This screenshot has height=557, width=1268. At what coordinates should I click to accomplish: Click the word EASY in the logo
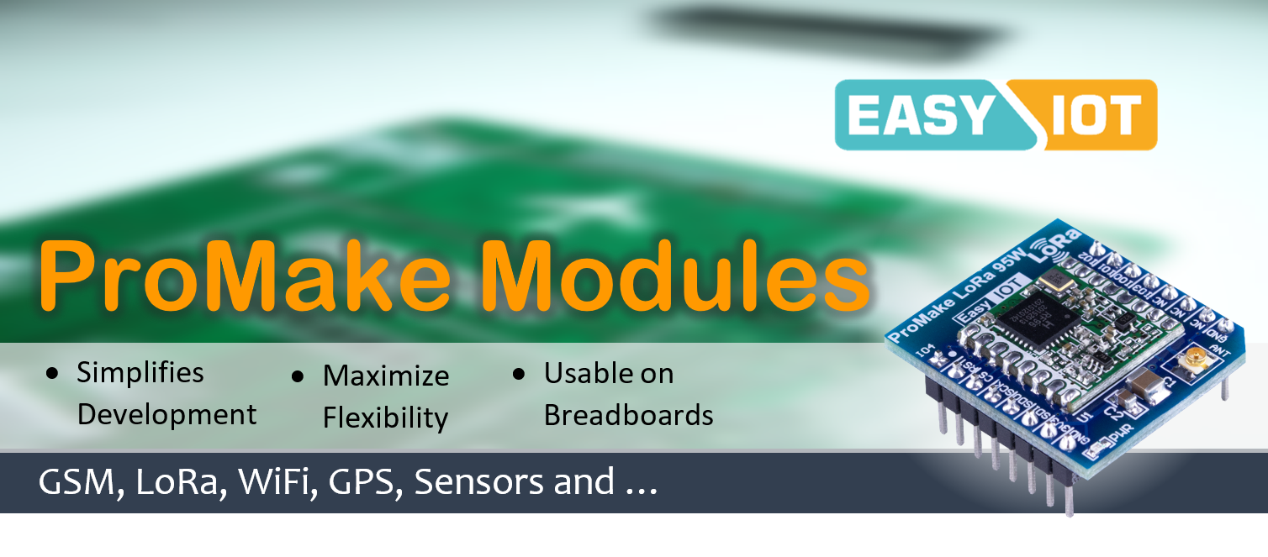click(x=921, y=115)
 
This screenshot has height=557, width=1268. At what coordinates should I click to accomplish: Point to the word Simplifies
click(x=140, y=372)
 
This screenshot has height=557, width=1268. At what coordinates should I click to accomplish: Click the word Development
click(x=166, y=414)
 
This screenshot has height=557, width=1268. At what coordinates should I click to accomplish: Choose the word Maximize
click(x=386, y=376)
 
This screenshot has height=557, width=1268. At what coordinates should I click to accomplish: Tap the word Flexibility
click(x=385, y=418)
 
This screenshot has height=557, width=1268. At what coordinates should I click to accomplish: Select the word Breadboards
click(x=628, y=415)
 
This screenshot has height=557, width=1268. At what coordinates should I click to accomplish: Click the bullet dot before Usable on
click(x=519, y=373)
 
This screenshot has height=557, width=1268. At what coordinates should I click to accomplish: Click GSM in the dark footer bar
click(x=75, y=481)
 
